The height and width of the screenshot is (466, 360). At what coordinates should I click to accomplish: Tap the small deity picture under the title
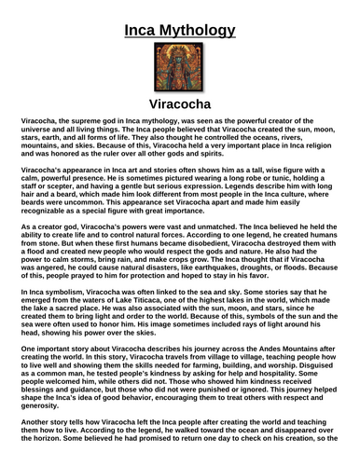pos(179,57)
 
